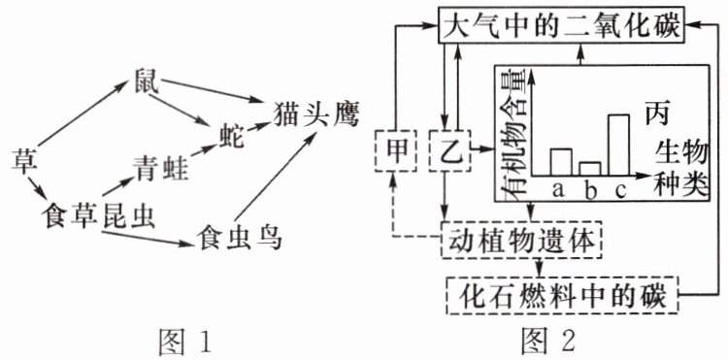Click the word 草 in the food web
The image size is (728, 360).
pyautogui.click(x=22, y=161)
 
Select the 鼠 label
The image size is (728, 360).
pyautogui.click(x=146, y=81)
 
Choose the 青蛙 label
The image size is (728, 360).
pyautogui.click(x=161, y=168)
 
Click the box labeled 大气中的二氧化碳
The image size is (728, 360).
pyautogui.click(x=561, y=25)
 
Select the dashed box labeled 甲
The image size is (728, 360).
pyautogui.click(x=394, y=150)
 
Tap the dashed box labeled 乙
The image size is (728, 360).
pyautogui.click(x=449, y=150)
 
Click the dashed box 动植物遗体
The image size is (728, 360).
pyautogui.click(x=521, y=241)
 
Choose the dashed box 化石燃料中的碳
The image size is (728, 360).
pyautogui.click(x=562, y=294)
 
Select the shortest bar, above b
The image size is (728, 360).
pyautogui.click(x=589, y=169)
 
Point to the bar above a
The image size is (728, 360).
pyautogui.click(x=561, y=162)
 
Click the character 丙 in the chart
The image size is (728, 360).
pyautogui.click(x=656, y=114)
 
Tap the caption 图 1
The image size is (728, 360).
pyautogui.click(x=184, y=341)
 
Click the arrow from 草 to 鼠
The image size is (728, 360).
pyautogui.click(x=83, y=113)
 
